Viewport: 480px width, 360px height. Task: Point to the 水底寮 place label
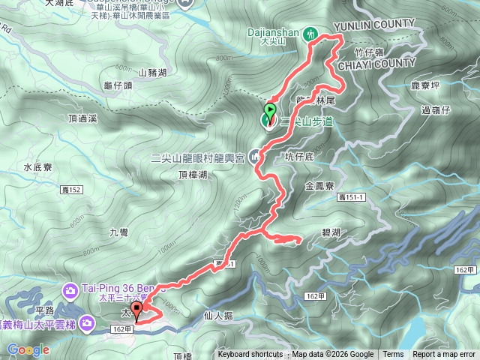pyautogui.click(x=37, y=167)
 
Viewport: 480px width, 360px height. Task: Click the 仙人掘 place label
pyautogui.click(x=218, y=317)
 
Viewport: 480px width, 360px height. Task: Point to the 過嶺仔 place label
pyautogui.click(x=435, y=110)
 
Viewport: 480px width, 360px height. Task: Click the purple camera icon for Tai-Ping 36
pyautogui.click(x=70, y=289)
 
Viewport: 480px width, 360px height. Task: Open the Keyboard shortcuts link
pyautogui.click(x=250, y=355)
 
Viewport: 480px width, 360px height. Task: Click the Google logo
pyautogui.click(x=28, y=349)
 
